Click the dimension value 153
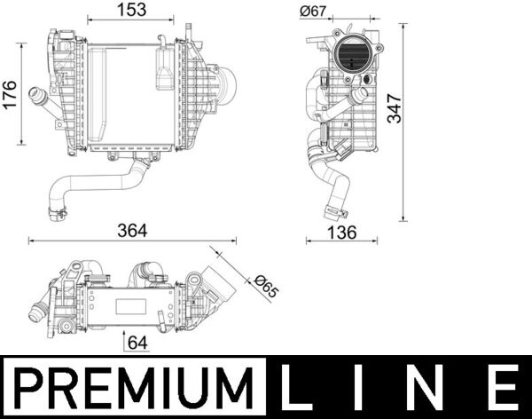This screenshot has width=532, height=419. [136, 11]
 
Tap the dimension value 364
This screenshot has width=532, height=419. [133, 230]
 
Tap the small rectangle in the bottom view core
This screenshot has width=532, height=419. [129, 306]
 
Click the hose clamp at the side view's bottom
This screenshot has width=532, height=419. [335, 212]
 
